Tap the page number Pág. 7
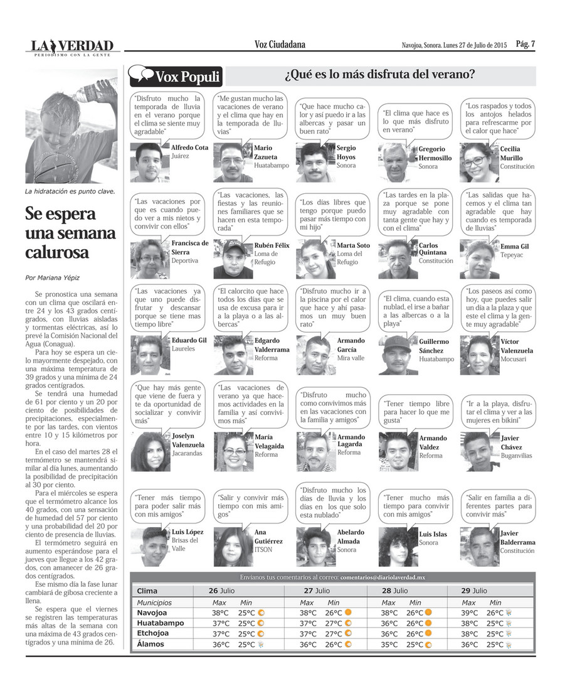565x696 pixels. pos(525,44)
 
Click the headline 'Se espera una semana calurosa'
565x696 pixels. pos(70,233)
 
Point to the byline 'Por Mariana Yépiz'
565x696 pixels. pos(53,277)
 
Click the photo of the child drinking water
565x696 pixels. pos(71,126)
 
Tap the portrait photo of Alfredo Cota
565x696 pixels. pos(149,163)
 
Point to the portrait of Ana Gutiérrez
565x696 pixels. pos(233,547)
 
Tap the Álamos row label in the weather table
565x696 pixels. pos(150,644)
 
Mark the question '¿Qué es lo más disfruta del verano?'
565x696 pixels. pos(379,77)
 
